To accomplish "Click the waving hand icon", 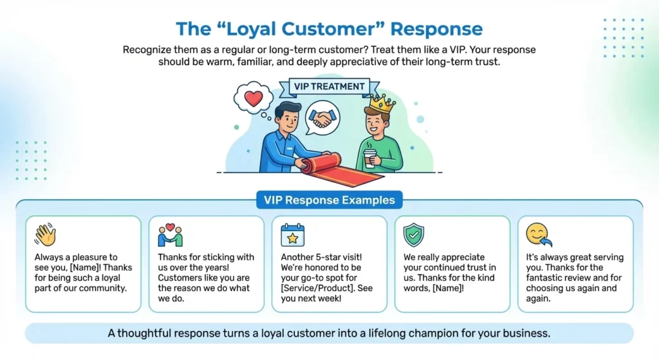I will pos(45,234).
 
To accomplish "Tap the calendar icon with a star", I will pos(293,235).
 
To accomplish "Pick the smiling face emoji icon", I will pos(538,234).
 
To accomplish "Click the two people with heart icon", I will pos(170,235).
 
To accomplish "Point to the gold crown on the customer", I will pos(382,102).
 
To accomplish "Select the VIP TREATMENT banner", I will pos(329,86).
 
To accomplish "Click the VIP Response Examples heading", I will pos(329,200).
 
